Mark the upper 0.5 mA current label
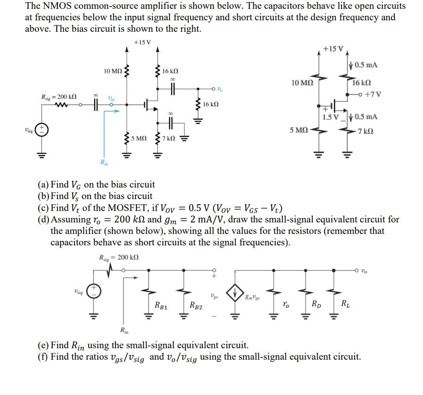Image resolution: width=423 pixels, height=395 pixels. pyautogui.click(x=366, y=65)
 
